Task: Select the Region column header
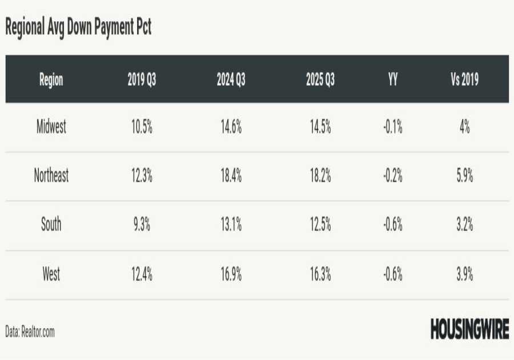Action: click(51, 80)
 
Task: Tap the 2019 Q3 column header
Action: click(142, 80)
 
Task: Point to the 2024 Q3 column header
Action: click(231, 80)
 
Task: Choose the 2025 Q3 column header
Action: click(320, 80)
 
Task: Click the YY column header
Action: click(393, 80)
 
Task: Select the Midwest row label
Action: click(51, 127)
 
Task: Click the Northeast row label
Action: click(51, 176)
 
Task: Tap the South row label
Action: click(51, 225)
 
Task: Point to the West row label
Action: click(51, 275)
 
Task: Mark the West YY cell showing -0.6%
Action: click(392, 275)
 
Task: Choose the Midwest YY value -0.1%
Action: click(392, 127)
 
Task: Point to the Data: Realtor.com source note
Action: click(30, 331)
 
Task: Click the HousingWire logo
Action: click(469, 330)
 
